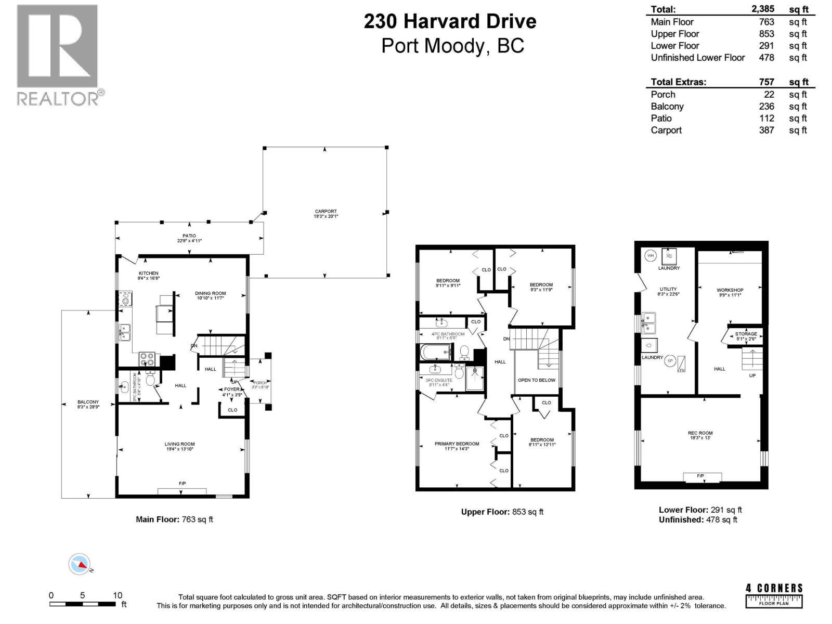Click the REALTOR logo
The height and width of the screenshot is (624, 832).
(x=57, y=55)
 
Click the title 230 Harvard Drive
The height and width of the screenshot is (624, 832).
(x=450, y=22)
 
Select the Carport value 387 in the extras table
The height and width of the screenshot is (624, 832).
(x=766, y=131)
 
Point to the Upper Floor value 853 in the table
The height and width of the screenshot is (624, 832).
(x=766, y=34)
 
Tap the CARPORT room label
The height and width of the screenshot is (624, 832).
(x=326, y=212)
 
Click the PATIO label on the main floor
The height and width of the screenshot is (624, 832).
(x=189, y=236)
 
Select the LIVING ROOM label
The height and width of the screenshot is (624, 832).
(x=179, y=445)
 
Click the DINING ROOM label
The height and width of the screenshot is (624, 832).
(x=211, y=293)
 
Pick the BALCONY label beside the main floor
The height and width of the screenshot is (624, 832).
(x=88, y=402)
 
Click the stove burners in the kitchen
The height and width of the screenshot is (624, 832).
(x=147, y=359)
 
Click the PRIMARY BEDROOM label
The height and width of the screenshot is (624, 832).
(x=457, y=444)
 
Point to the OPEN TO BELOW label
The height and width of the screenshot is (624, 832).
(x=536, y=380)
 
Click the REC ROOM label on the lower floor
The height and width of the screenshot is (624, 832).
(x=700, y=433)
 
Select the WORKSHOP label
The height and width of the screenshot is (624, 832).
(x=730, y=290)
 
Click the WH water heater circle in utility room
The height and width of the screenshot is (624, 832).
(x=650, y=255)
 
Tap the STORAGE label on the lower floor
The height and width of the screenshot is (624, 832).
(x=746, y=334)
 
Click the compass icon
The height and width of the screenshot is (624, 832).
(x=80, y=564)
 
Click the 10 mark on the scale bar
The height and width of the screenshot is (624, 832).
(x=118, y=595)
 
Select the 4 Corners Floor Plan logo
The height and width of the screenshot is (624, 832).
(x=774, y=595)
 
